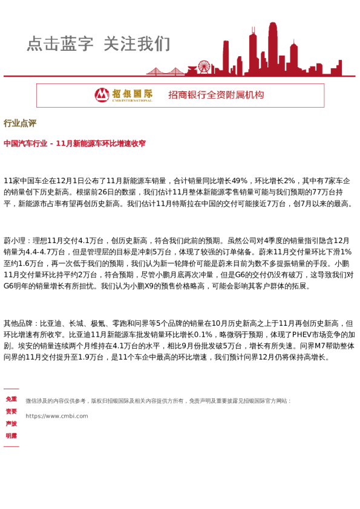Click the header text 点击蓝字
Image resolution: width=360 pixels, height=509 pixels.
click(60, 44)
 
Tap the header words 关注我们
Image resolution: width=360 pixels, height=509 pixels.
click(137, 44)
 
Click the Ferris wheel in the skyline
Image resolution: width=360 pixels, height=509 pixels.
click(203, 67)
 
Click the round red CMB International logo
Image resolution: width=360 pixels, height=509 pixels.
click(102, 95)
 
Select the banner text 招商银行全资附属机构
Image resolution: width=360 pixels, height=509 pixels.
click(216, 95)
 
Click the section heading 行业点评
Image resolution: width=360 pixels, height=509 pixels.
click(20, 123)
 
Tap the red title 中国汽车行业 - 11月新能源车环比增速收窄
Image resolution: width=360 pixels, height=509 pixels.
click(74, 144)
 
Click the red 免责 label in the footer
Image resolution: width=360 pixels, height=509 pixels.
click(11, 399)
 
